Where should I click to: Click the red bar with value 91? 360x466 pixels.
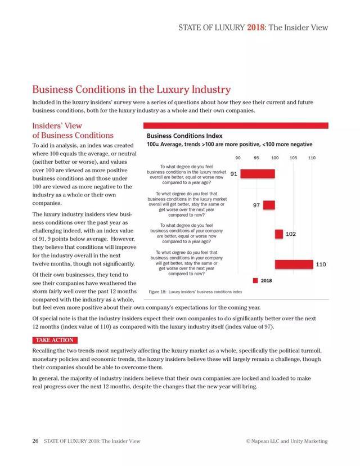[258, 174]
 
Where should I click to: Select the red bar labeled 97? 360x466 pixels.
[269, 205]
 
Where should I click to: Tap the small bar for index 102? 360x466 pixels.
[278, 234]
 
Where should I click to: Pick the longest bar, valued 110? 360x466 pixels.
[294, 264]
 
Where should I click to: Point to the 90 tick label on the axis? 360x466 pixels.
[238, 158]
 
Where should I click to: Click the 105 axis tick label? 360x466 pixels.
[294, 158]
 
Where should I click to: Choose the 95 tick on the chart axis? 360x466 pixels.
[256, 158]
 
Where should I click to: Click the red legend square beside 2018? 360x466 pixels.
[255, 280]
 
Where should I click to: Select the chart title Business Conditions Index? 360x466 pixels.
[184, 136]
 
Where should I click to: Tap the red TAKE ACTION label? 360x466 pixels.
[53, 340]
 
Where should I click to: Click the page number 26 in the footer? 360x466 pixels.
[35, 441]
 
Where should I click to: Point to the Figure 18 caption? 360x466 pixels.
[195, 292]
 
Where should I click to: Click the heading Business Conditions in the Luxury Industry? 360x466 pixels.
[132, 89]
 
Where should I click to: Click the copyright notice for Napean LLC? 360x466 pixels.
[287, 441]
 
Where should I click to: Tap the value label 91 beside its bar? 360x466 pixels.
[233, 174]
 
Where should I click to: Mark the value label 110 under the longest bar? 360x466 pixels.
[321, 264]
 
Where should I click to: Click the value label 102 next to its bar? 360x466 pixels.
[291, 234]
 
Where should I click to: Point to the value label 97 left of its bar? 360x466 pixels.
[256, 205]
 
